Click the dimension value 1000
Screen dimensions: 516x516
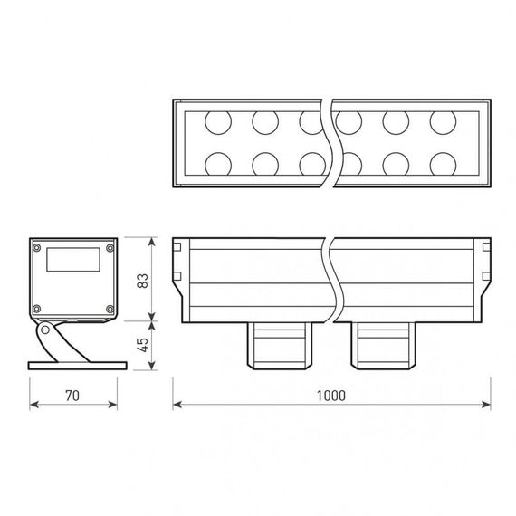[332, 396]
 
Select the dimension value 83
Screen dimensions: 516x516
[141, 280]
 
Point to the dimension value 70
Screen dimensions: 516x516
[73, 396]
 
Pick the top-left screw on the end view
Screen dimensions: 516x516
[37, 247]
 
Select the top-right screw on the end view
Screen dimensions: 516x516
[110, 247]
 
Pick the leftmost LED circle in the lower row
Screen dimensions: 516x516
[217, 163]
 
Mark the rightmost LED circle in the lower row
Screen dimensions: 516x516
[442, 163]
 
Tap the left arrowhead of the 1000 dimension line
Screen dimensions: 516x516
[176, 404]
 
